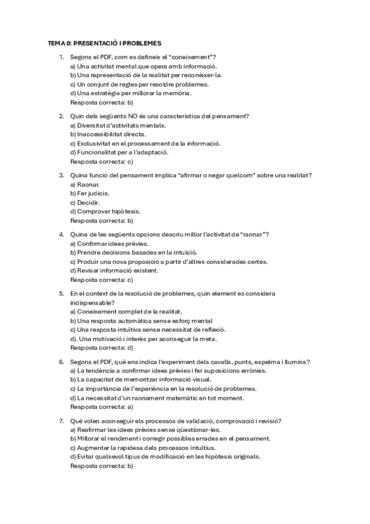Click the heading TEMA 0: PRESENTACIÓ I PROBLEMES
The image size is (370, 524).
pyautogui.click(x=104, y=44)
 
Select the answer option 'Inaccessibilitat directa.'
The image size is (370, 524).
pyautogui.click(x=108, y=134)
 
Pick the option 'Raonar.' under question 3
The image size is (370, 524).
pyautogui.click(x=85, y=184)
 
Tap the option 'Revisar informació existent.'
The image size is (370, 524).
pyautogui.click(x=114, y=270)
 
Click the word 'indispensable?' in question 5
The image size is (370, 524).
pyautogui.click(x=91, y=303)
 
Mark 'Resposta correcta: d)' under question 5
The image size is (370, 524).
pyautogui.click(x=102, y=347)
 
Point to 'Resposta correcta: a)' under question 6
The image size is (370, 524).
pyautogui.click(x=102, y=407)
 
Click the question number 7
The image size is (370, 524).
pyautogui.click(x=61, y=421)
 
